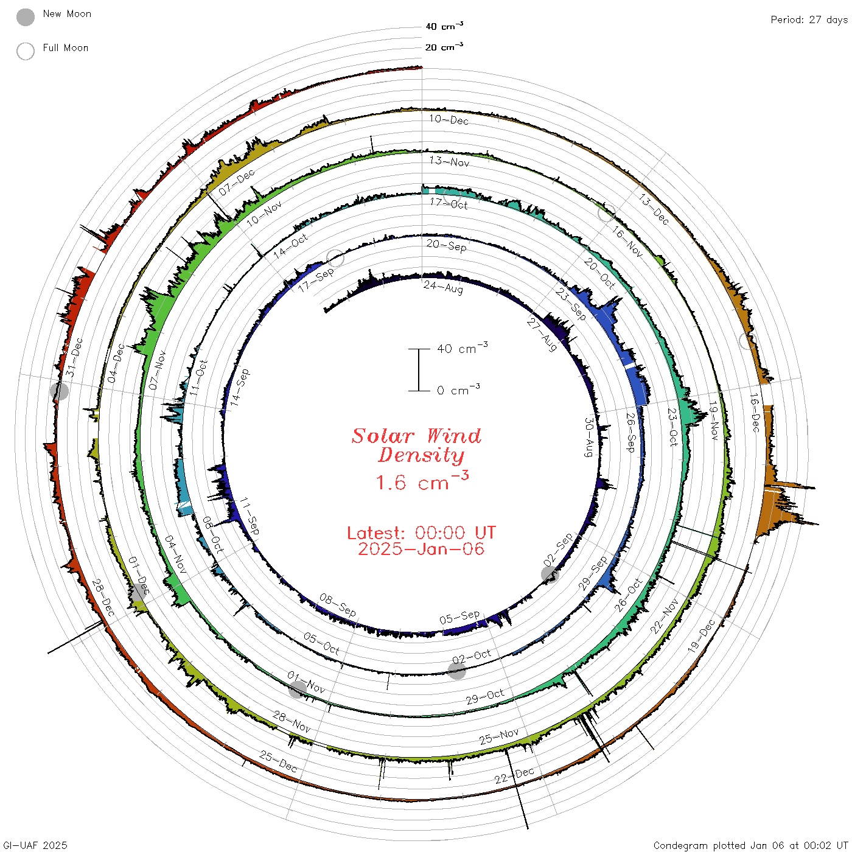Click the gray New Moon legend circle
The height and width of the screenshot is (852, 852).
click(x=25, y=17)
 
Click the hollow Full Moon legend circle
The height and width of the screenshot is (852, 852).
click(x=25, y=51)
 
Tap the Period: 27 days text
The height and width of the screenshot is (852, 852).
click(x=809, y=20)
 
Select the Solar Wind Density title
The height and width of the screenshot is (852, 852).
click(x=416, y=445)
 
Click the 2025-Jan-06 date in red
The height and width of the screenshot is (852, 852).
click(x=421, y=549)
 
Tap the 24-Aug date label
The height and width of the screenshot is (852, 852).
click(x=443, y=287)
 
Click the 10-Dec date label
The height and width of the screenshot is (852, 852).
click(x=449, y=119)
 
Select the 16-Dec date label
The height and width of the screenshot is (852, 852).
click(x=755, y=413)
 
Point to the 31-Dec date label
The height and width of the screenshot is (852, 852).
click(x=74, y=357)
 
